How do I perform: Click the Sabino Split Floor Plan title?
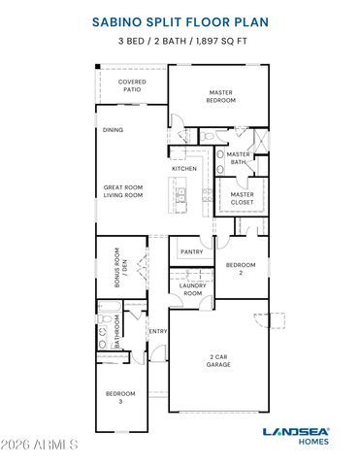pos(180,18)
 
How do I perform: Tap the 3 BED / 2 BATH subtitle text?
pos(180,42)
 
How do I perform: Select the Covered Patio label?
pos(132,86)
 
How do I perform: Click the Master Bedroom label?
pos(221,96)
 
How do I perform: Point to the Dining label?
pos(114,129)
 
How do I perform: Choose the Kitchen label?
pos(184,169)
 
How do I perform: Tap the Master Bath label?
pos(239,158)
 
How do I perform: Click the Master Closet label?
pos(242,199)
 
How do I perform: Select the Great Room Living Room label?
pos(123,190)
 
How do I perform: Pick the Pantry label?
pos(191,251)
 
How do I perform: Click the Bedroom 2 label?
pos(241,269)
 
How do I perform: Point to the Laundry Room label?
pos(192,289)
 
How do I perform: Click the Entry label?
pos(158,331)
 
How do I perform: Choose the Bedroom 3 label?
pos(121,396)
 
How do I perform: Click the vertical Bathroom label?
pos(117,331)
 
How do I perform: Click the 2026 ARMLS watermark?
pos(40,445)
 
